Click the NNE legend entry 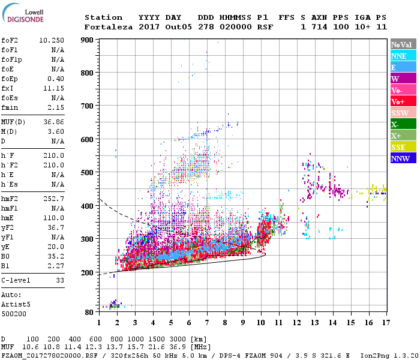(x=403, y=56)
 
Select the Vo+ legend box (x=403, y=101)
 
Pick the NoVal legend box (x=403, y=44)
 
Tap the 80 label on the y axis (x=88, y=312)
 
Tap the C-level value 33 (x=60, y=280)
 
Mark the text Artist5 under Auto (x=14, y=305)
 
